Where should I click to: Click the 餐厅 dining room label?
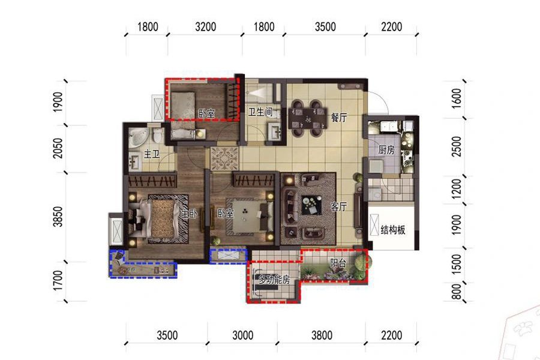tap(338, 118)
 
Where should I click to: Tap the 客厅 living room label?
tap(338, 206)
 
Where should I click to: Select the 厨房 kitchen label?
tap(386, 150)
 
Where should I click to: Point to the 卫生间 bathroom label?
tap(260, 112)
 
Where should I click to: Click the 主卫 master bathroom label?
tap(152, 154)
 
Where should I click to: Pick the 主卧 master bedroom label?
tap(189, 214)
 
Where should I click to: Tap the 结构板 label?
tap(393, 230)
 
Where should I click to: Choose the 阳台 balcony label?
tap(338, 263)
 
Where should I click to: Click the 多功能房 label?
tap(274, 280)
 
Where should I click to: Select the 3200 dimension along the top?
tap(206, 27)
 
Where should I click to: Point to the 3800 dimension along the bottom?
tap(322, 335)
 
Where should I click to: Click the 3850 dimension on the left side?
tap(58, 217)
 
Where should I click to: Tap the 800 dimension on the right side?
tap(456, 292)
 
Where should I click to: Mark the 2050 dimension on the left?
tap(58, 148)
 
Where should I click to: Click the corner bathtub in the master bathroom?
tap(138, 137)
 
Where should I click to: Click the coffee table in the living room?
tap(311, 205)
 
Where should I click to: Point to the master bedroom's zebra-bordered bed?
tap(160, 218)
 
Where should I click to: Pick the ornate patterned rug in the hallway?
tap(224, 158)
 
